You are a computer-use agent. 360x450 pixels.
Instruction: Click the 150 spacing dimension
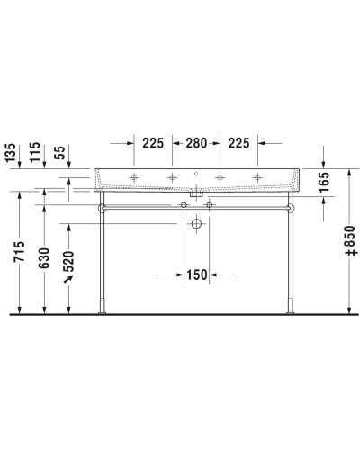[196, 274]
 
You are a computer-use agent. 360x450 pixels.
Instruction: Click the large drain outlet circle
[196, 223]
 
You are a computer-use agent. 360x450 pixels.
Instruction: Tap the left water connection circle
[184, 206]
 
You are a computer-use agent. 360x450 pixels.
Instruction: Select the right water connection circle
[210, 206]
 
